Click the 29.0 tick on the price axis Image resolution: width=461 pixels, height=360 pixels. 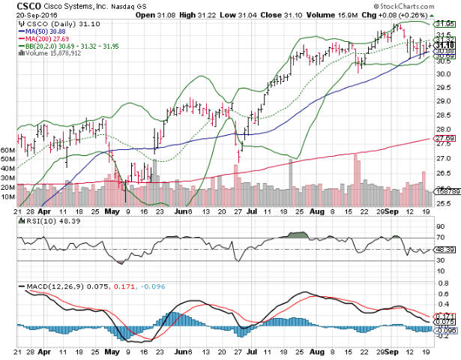tap(443, 100)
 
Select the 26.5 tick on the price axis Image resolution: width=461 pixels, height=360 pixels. tap(443, 172)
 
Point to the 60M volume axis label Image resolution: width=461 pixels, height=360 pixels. tap(9, 151)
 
